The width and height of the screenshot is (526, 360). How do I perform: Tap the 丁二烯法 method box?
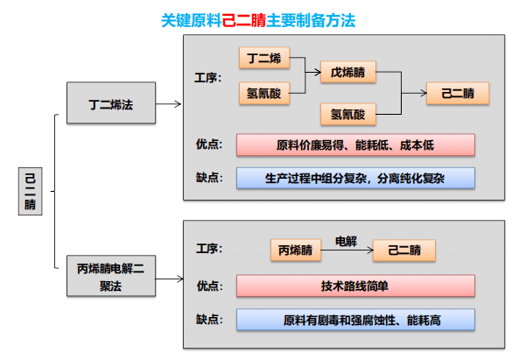tap(111, 104)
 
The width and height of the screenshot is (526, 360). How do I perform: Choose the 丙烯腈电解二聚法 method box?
tap(111, 276)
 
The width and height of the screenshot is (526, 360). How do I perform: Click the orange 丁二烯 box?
tap(263, 59)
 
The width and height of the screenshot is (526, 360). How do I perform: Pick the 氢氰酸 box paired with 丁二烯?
tap(263, 91)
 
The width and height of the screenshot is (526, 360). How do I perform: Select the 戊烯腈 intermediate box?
tap(347, 74)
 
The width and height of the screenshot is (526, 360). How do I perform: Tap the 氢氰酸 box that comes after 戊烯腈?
tap(347, 114)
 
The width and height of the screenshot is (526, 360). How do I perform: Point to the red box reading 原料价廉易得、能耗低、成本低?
tap(355, 145)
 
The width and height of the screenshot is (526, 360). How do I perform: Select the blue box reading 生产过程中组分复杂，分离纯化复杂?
tap(355, 178)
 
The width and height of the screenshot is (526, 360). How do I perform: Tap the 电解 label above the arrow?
tap(347, 238)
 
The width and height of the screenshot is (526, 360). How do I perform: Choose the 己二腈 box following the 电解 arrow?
tap(403, 251)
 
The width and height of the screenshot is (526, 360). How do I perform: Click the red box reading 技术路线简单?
tap(355, 286)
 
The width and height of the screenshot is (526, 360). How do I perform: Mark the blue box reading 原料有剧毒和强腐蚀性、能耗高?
tap(355, 320)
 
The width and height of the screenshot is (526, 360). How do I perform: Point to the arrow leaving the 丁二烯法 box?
tap(169, 104)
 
